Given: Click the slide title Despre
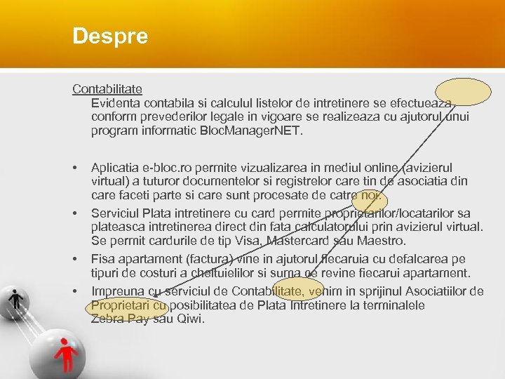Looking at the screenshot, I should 110,36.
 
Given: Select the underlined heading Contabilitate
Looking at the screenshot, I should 107,89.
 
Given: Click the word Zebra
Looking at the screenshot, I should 107,319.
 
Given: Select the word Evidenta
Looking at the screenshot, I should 116,102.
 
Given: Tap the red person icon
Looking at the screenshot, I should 67,351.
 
